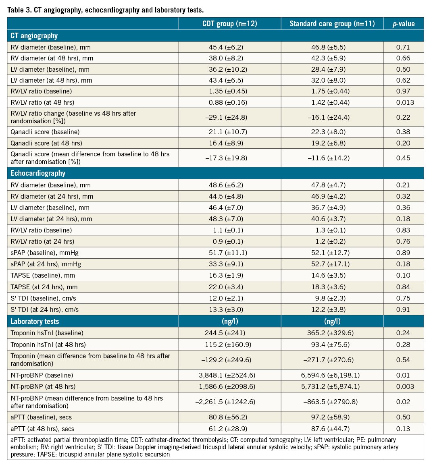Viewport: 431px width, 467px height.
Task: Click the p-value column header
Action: (x=403, y=24)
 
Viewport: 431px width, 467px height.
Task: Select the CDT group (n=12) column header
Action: (x=229, y=24)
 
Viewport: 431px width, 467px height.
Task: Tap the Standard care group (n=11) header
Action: (x=332, y=24)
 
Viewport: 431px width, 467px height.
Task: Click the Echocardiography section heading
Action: (x=38, y=173)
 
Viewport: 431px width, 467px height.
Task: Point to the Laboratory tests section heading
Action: (x=35, y=322)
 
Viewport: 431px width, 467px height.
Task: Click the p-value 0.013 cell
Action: (x=403, y=102)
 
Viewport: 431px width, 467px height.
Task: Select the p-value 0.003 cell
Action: (x=403, y=386)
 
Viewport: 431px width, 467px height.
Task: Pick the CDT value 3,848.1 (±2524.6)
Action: (x=229, y=375)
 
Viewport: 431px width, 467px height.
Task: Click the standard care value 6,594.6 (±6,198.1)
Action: (x=332, y=375)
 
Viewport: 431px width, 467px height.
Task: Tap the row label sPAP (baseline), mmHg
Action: (x=45, y=253)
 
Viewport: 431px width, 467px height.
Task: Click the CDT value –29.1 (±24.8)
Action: (x=229, y=117)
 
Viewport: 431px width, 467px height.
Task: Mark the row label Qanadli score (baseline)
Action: (x=45, y=132)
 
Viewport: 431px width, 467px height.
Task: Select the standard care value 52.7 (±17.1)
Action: (x=332, y=264)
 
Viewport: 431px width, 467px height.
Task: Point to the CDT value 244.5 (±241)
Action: (x=229, y=333)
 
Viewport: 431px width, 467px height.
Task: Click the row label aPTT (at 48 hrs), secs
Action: (x=42, y=429)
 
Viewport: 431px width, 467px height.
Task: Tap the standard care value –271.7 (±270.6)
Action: (x=332, y=360)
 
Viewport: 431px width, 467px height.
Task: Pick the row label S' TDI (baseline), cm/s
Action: (x=43, y=298)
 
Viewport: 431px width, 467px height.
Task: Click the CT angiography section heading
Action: (x=34, y=36)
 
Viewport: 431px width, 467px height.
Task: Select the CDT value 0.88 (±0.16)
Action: (x=229, y=102)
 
